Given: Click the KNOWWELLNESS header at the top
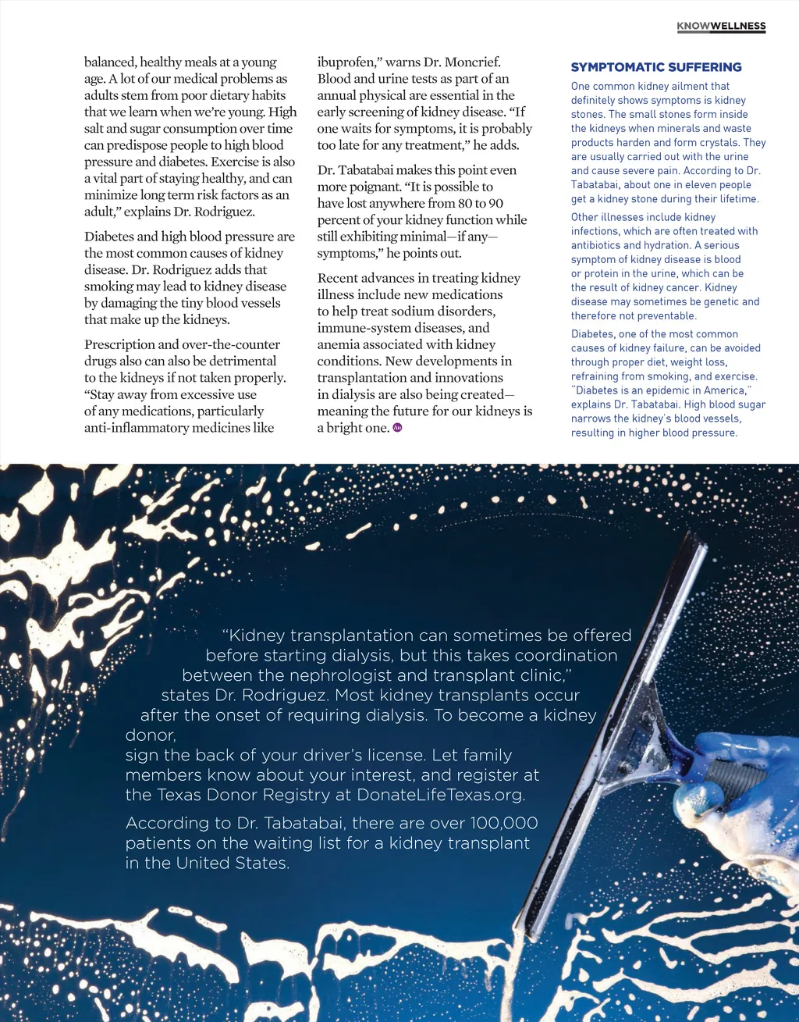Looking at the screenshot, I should point(721,26).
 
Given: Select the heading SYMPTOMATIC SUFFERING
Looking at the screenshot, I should point(656,67).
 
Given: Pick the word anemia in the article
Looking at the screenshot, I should point(340,344).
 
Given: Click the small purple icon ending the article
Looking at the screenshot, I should point(397,427).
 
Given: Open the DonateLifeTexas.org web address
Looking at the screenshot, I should point(440,795).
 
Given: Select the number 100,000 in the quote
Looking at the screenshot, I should point(503,823).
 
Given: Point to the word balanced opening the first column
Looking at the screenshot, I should point(110,62).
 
